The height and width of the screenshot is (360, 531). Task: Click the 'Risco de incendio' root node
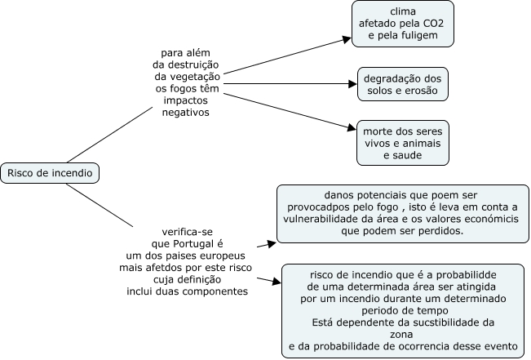coord(50,173)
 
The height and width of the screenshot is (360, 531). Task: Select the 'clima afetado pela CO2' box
coord(403,24)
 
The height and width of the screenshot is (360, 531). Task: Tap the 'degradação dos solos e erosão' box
coord(403,84)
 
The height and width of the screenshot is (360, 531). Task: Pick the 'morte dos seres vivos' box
coord(403,143)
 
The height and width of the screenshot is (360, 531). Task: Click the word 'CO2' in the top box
coord(433,24)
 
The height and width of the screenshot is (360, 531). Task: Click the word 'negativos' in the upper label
coord(186,113)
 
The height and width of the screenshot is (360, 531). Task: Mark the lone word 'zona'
coord(401,335)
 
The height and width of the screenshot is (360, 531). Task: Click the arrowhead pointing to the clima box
coord(347,39)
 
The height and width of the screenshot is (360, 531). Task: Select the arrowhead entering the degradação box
coord(353,84)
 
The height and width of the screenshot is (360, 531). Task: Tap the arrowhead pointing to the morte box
coord(352,128)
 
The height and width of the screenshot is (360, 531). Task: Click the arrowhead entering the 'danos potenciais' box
coord(272,243)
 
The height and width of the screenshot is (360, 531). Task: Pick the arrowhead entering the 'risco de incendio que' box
coord(277,282)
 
